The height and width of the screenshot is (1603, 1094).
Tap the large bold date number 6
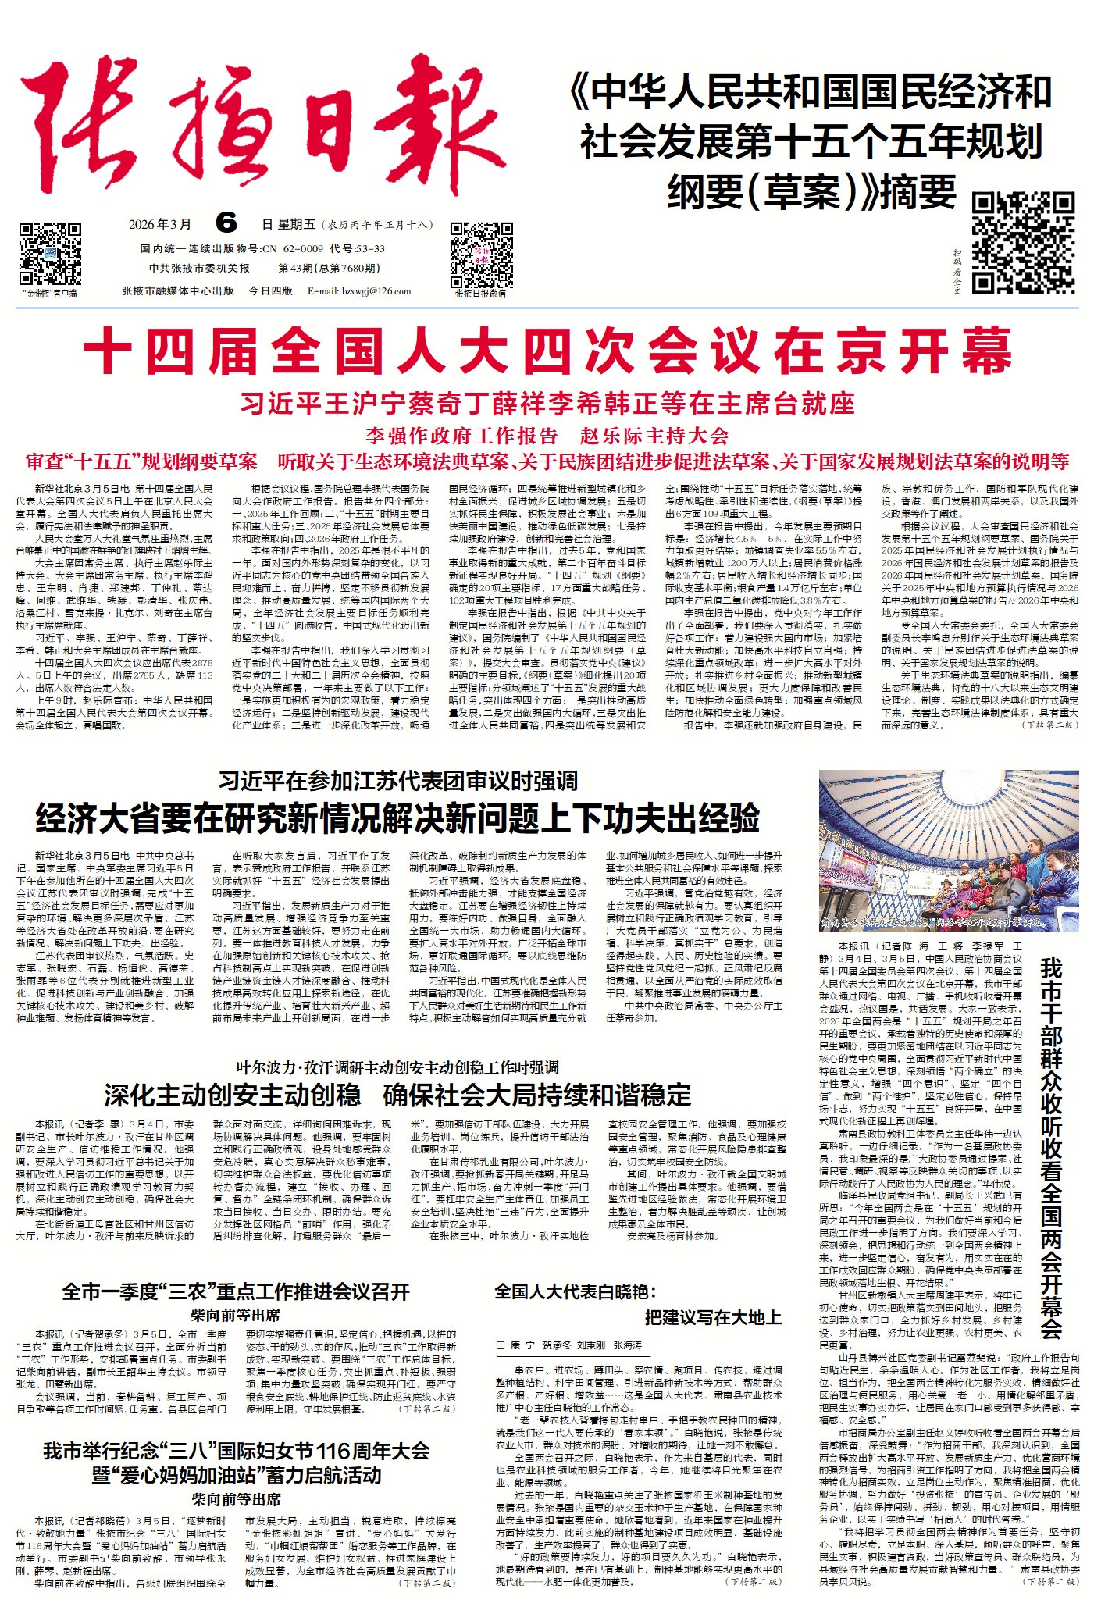point(226,224)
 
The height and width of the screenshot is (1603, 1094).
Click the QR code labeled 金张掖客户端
point(50,255)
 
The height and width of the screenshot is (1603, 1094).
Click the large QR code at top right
point(1022,243)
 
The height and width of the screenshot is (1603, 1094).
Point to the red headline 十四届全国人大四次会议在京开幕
point(547,353)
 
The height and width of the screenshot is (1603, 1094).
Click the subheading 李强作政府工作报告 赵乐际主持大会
point(547,435)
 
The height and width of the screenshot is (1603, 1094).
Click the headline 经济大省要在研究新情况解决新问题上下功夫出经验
point(397,818)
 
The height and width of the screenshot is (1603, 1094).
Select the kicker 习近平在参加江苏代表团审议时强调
point(397,781)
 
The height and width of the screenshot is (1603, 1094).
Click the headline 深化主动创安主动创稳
point(233,1095)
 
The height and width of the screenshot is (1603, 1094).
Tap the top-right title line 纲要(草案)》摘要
point(812,192)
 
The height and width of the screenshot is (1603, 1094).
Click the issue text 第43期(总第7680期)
point(330,269)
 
